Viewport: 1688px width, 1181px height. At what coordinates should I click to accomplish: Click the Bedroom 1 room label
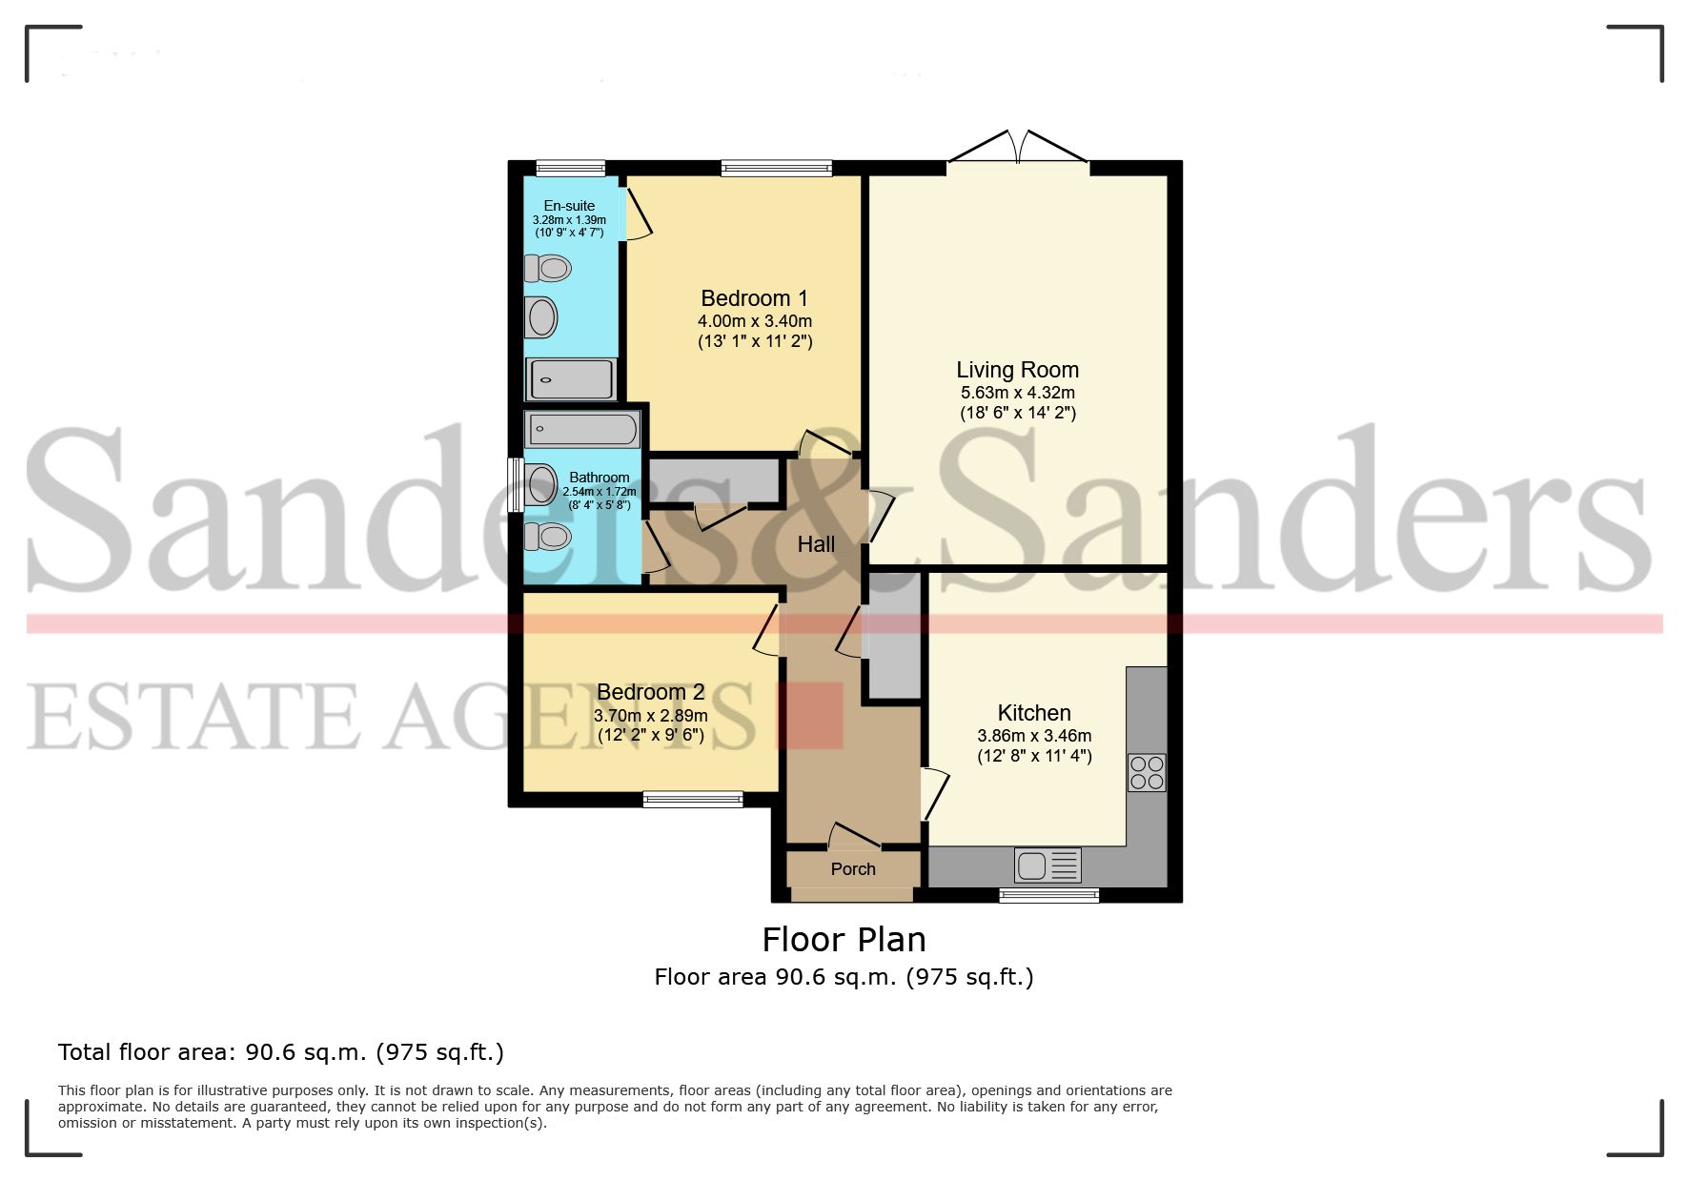(754, 298)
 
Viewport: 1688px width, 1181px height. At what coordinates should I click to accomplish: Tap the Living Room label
(1017, 370)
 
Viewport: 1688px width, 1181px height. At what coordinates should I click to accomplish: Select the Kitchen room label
(1034, 713)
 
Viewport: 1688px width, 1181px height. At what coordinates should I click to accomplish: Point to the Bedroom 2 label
(650, 692)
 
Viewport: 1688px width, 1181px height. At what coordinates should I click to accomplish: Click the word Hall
(816, 544)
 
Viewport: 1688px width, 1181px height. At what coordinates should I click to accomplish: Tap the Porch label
(853, 869)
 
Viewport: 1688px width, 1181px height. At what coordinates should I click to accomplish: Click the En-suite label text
(569, 206)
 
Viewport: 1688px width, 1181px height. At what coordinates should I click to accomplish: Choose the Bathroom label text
(599, 478)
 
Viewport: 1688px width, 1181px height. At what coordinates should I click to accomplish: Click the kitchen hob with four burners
(1147, 773)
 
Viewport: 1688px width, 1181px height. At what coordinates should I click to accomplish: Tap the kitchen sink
(1047, 865)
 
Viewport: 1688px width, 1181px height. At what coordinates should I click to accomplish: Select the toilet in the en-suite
(548, 269)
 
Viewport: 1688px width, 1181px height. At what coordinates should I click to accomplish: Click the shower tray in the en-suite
(571, 379)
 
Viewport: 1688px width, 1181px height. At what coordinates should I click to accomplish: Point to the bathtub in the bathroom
(580, 430)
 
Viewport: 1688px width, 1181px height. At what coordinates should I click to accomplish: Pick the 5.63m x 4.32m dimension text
(1017, 393)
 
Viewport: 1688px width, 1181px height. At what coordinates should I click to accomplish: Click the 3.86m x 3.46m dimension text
(1034, 736)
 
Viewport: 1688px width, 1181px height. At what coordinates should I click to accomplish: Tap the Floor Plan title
(844, 940)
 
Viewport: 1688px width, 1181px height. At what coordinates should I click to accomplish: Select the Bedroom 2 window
(693, 799)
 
